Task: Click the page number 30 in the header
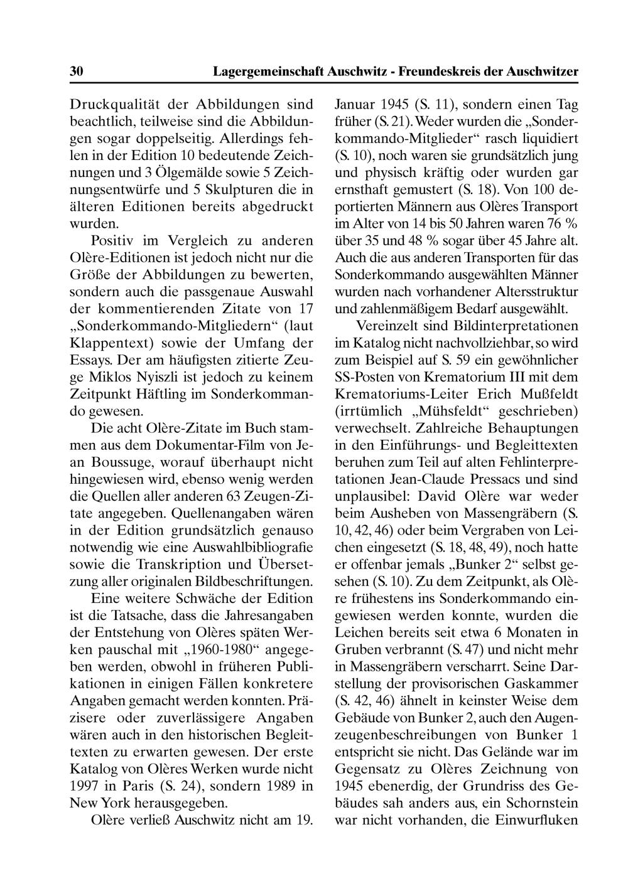pyautogui.click(x=76, y=72)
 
